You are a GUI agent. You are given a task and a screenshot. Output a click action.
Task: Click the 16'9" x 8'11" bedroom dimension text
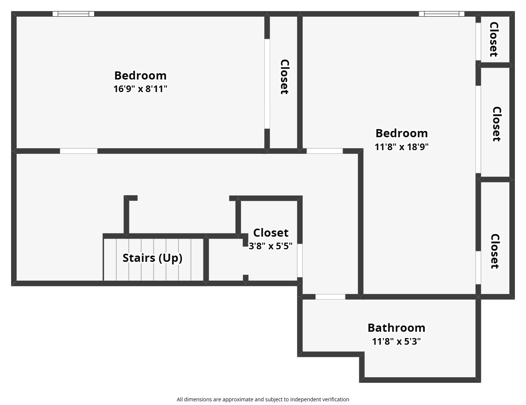click(140, 89)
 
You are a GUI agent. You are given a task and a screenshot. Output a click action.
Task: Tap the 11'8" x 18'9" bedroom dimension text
click(401, 147)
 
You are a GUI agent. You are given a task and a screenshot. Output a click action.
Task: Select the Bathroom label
click(396, 328)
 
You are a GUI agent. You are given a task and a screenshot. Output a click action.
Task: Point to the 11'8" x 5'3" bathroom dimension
click(396, 341)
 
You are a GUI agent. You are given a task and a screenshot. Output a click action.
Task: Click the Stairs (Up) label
click(152, 258)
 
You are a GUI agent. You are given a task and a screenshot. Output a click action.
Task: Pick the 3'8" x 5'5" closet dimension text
click(271, 246)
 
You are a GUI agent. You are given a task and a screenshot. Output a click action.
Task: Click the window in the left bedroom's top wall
click(73, 14)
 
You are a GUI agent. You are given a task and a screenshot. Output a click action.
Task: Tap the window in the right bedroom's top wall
click(441, 14)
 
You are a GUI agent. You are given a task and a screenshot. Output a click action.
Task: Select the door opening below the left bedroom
click(79, 151)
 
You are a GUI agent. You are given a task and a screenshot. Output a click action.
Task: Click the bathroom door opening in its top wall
click(330, 297)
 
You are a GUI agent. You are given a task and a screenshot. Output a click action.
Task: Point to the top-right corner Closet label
click(493, 39)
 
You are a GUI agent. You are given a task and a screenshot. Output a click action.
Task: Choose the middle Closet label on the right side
click(496, 124)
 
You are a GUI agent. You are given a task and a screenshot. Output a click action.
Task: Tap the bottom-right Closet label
click(495, 251)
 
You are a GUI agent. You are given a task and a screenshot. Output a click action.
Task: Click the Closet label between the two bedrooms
click(284, 77)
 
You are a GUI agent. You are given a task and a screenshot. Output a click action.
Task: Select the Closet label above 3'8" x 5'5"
click(271, 233)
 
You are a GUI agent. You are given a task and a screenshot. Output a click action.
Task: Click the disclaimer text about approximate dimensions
click(263, 399)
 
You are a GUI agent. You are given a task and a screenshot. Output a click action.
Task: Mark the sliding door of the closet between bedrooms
click(267, 84)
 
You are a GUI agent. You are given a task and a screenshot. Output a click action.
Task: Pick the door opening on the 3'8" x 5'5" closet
click(300, 260)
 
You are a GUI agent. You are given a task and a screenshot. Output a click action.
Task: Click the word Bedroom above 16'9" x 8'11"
click(140, 75)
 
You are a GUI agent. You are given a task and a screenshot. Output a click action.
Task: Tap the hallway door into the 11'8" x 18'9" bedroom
click(325, 151)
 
